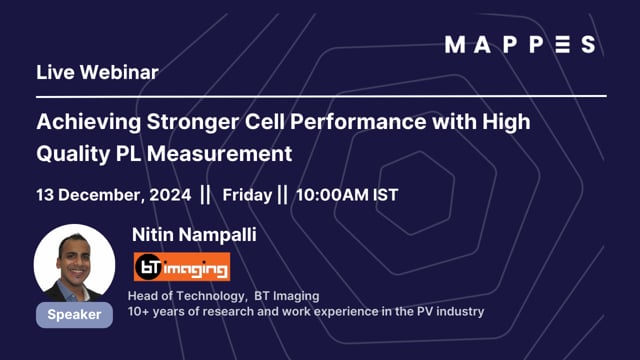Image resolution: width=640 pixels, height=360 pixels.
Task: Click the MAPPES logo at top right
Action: click(520, 44)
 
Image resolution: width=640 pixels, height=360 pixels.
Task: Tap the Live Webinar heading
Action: click(97, 72)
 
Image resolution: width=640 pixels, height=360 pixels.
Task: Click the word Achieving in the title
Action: click(82, 123)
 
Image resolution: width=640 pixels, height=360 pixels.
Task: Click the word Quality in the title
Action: click(71, 154)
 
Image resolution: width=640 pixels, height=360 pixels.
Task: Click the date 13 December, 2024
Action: click(113, 194)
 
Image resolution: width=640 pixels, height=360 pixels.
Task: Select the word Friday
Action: click(248, 194)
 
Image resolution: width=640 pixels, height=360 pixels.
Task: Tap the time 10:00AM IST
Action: click(345, 194)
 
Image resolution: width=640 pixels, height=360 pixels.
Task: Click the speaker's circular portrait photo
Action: click(74, 263)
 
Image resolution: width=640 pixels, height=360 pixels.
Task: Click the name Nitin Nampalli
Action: click(194, 234)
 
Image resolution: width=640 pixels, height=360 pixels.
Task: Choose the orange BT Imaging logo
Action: click(182, 266)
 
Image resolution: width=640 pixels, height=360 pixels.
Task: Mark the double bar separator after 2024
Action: click(206, 194)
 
